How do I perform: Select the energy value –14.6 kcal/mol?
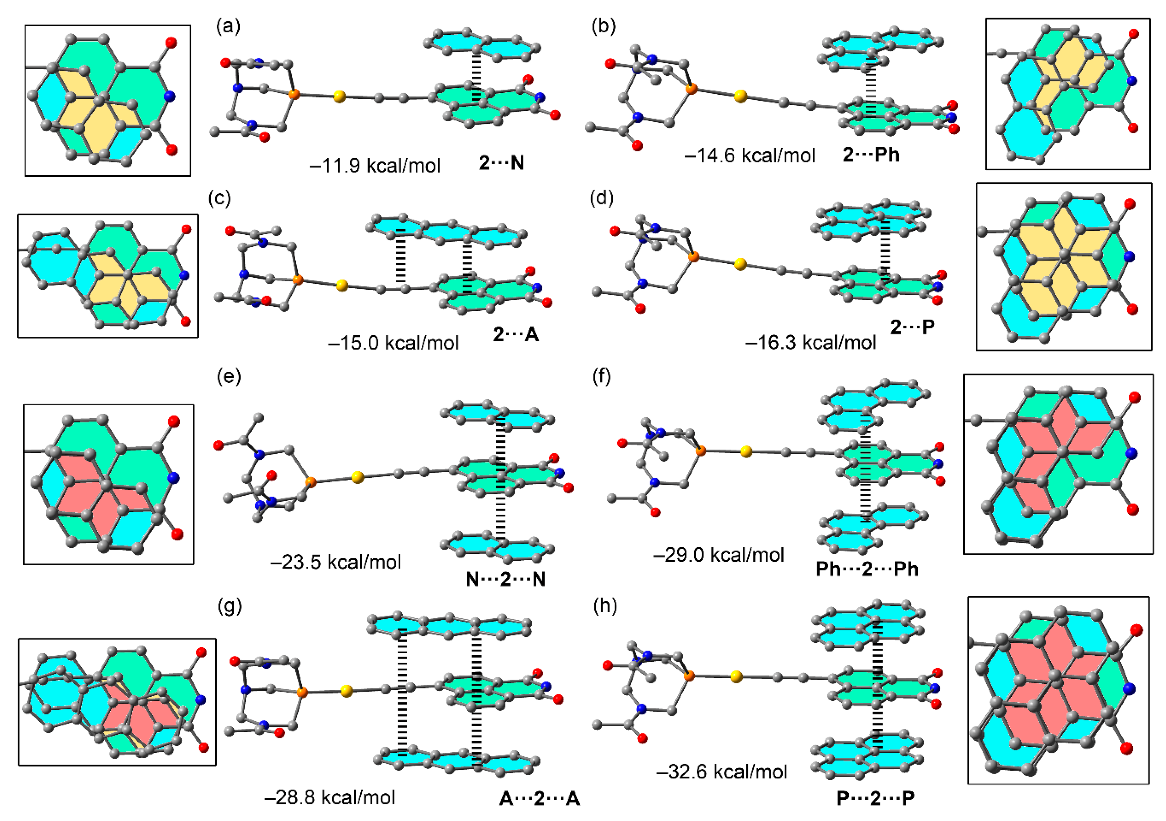[750, 155]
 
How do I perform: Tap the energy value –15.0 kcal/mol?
[393, 343]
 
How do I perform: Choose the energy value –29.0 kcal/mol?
[719, 555]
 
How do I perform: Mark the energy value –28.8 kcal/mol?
[330, 797]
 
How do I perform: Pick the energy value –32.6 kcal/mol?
[722, 772]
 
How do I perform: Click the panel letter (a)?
[228, 25]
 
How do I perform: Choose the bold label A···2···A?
[539, 799]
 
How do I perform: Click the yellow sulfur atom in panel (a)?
[340, 97]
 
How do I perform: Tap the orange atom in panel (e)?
[310, 481]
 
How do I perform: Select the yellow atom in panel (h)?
[736, 676]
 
